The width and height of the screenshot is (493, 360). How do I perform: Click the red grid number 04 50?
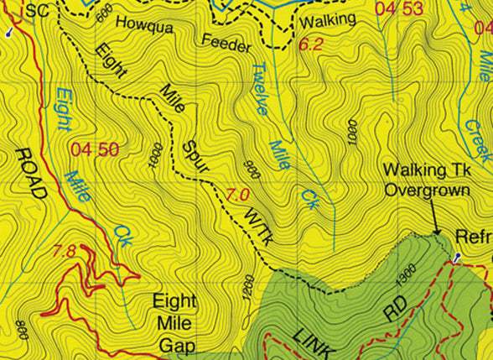[x=95, y=150]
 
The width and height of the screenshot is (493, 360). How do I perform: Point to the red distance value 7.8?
[x=65, y=250]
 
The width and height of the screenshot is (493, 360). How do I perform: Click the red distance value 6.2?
[x=310, y=44]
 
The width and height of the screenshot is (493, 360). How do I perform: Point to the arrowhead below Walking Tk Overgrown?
[x=437, y=231]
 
